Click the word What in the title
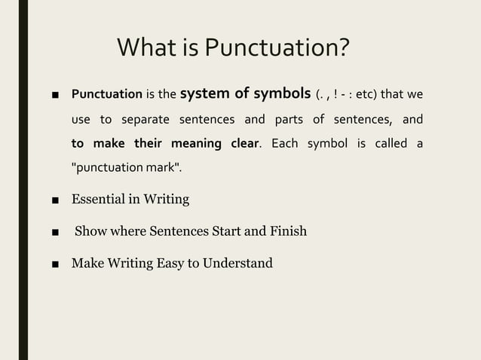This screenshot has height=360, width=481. pyautogui.click(x=152, y=50)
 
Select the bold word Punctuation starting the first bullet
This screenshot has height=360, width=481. pyautogui.click(x=106, y=95)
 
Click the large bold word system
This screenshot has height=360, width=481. pyautogui.click(x=210, y=94)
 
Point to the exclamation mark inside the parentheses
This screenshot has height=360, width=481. pyautogui.click(x=343, y=95)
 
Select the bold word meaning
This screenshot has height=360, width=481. pyautogui.click(x=195, y=144)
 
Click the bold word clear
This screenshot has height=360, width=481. pyautogui.click(x=243, y=144)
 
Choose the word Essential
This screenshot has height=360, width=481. pyautogui.click(x=100, y=200)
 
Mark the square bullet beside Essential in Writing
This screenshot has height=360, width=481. pyautogui.click(x=55, y=200)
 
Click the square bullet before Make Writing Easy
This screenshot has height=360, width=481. pyautogui.click(x=55, y=264)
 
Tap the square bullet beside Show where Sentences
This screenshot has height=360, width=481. pyautogui.click(x=55, y=231)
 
